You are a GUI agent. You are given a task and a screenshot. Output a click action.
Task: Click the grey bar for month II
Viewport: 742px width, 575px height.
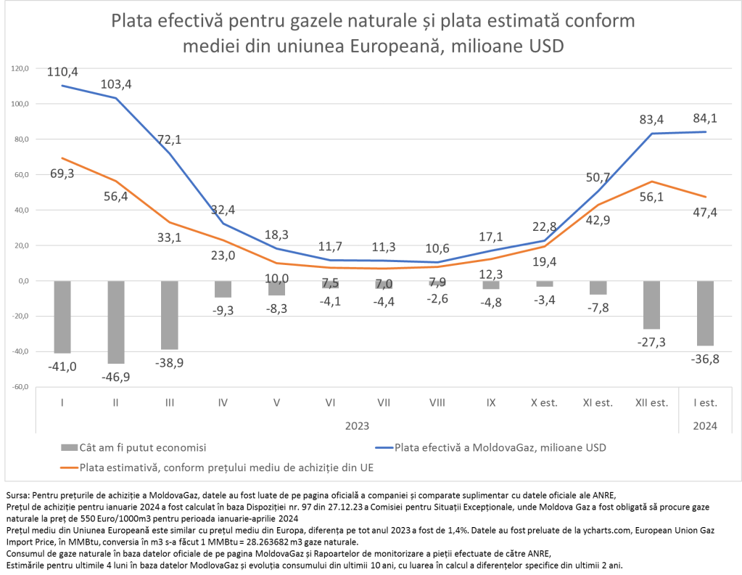[x=116, y=322]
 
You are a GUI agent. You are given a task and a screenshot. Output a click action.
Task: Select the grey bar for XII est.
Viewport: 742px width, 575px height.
[x=651, y=305]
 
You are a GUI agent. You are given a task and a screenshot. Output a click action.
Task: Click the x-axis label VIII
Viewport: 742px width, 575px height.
[x=437, y=401]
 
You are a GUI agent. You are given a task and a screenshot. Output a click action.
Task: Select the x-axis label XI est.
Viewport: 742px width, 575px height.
[x=598, y=401]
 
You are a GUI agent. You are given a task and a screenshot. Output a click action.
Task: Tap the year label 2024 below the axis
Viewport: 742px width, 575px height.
[x=704, y=425]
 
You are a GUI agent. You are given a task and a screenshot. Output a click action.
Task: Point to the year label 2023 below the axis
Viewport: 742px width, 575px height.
[x=357, y=425]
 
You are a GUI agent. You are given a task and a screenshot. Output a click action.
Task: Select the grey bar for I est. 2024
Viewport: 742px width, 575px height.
[x=705, y=313]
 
